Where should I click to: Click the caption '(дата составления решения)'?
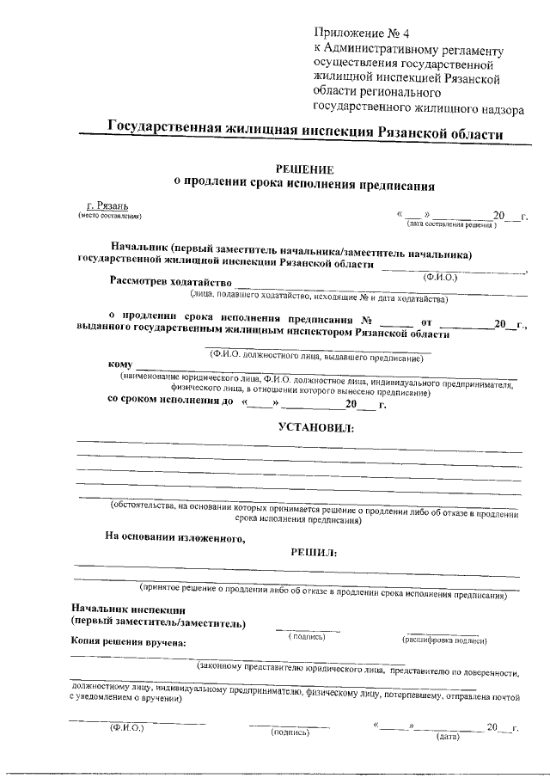[x=452, y=225]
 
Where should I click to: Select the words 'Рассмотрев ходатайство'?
[x=171, y=282]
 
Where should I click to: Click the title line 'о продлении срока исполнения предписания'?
[x=305, y=184]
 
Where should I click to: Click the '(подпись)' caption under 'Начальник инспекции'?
[x=307, y=637]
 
